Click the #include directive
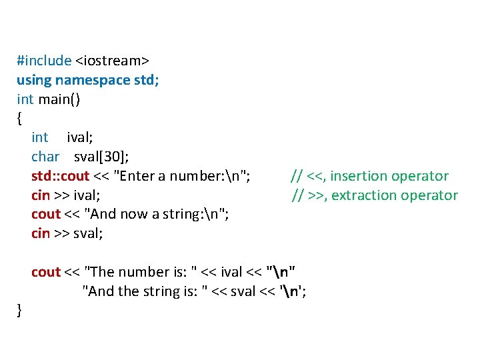click(44, 61)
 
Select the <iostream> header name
click(112, 61)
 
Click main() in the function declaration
click(61, 99)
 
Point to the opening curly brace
click(19, 119)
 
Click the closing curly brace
click(19, 310)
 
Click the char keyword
click(45, 157)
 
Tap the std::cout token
click(59, 176)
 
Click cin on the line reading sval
click(41, 233)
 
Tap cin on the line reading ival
click(41, 195)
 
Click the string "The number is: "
click(141, 272)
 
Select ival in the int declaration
click(79, 137)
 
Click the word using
click(34, 80)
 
